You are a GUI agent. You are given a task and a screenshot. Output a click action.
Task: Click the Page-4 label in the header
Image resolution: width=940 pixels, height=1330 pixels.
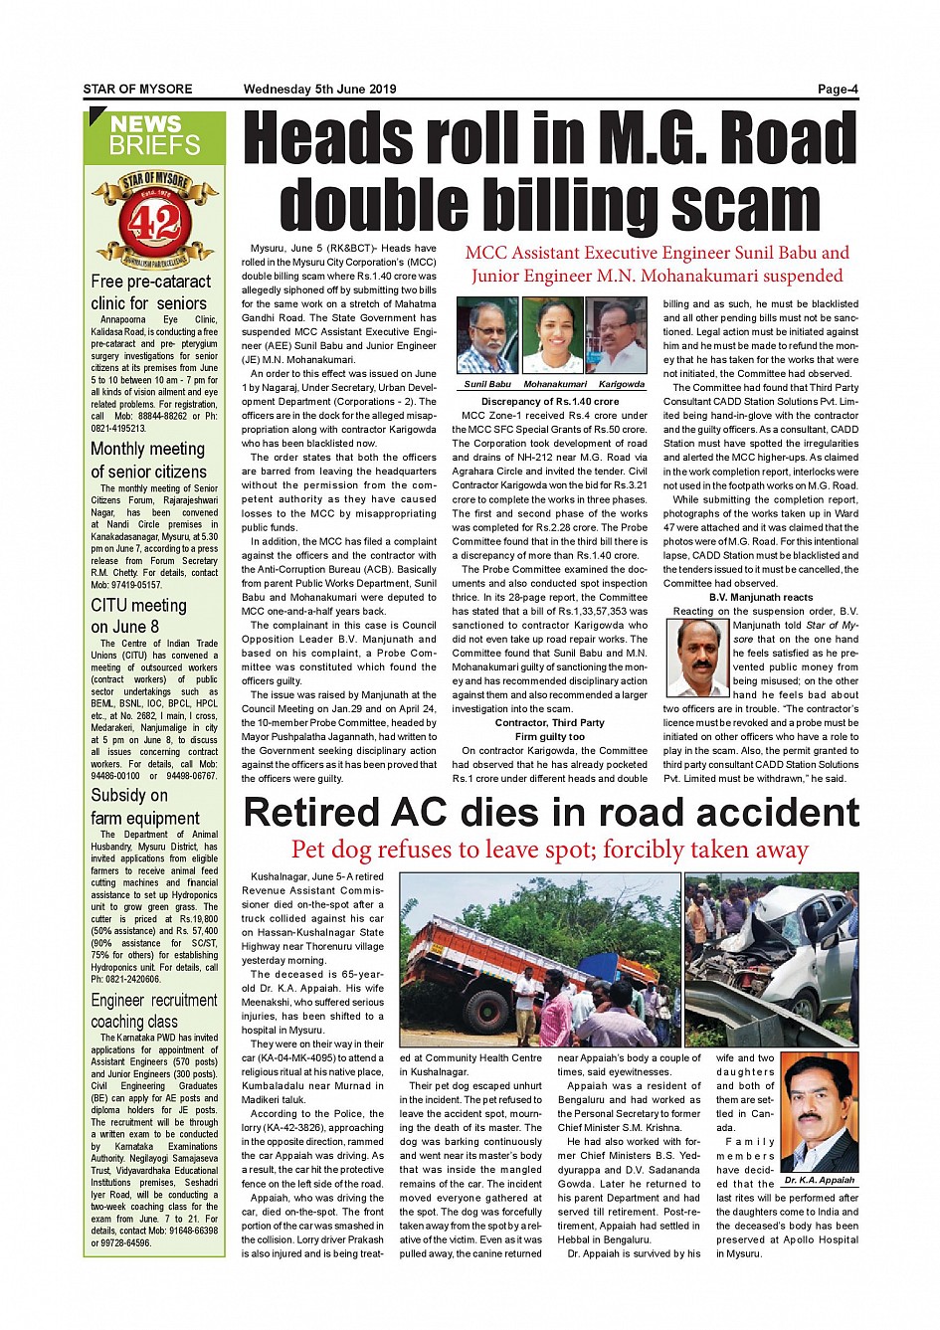[x=837, y=90]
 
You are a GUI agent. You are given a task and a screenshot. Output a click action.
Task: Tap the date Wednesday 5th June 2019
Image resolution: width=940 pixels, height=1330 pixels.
[x=319, y=90]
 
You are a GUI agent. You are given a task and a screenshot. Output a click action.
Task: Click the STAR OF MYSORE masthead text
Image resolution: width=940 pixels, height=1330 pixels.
[x=137, y=90]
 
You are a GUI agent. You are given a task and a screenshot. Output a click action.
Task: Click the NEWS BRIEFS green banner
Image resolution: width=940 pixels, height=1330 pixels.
[x=155, y=136]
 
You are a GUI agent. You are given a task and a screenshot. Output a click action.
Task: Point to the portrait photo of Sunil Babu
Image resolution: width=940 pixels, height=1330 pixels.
[x=486, y=335]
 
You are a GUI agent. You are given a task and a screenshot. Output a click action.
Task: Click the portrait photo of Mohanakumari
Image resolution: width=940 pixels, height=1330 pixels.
[x=552, y=335]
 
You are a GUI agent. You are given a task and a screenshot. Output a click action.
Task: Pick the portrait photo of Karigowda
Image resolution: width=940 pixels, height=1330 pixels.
[x=617, y=335]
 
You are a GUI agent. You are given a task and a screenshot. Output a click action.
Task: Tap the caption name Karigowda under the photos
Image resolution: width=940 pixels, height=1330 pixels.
[x=622, y=384]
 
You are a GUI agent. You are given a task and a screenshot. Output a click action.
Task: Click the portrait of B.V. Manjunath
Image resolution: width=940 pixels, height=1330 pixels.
[x=696, y=657]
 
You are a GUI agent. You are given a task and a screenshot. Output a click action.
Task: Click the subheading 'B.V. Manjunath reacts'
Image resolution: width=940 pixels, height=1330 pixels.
[x=761, y=597]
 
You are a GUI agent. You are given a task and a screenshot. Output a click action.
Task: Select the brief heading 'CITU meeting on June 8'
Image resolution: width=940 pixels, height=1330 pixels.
[x=139, y=616]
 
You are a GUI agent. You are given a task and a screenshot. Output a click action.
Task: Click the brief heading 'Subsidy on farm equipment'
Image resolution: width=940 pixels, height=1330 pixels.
[x=145, y=807]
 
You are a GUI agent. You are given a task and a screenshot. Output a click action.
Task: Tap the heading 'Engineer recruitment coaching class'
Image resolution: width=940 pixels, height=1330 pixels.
[x=154, y=1011]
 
